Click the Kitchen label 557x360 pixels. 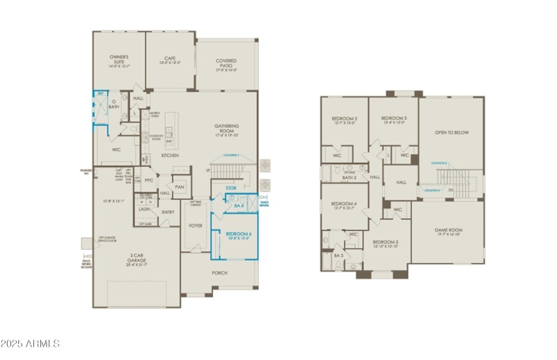coord(171,155)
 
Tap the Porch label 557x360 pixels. coord(219,272)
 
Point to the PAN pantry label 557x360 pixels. coord(180,187)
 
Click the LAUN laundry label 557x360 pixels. coord(144,208)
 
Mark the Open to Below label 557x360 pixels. coord(450,132)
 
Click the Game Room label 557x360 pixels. coord(449,230)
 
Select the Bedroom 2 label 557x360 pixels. coord(345,119)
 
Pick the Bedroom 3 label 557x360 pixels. coord(393,119)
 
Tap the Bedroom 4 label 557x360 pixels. coord(345,203)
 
